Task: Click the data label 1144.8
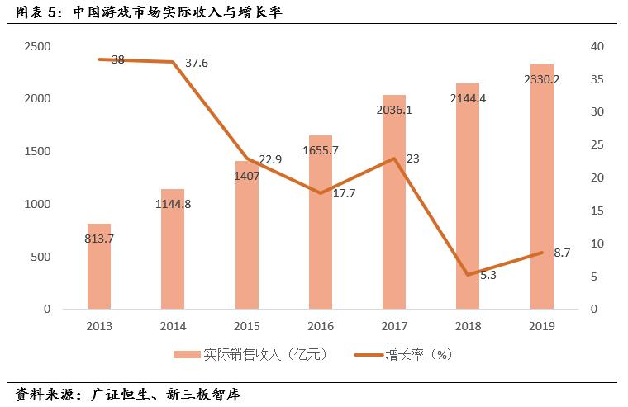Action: click(x=173, y=204)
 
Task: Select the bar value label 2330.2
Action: click(x=542, y=79)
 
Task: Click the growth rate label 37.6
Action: click(x=197, y=63)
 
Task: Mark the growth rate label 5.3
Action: click(x=488, y=275)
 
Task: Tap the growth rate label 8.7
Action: click(x=562, y=253)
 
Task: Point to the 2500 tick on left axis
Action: click(x=37, y=46)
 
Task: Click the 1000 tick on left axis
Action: click(x=37, y=204)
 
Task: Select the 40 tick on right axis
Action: click(x=597, y=46)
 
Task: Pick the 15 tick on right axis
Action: click(x=597, y=211)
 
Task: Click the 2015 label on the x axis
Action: click(x=247, y=326)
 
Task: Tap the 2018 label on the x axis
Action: click(x=468, y=326)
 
